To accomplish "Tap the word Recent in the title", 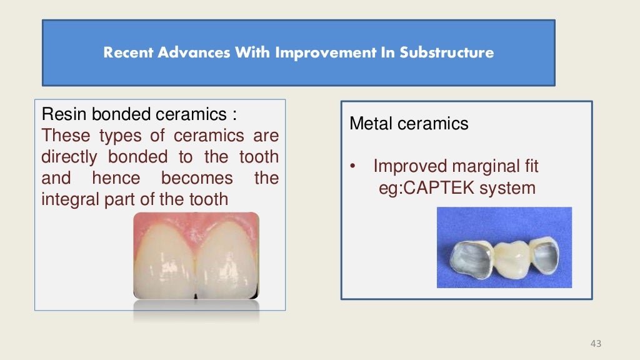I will pos(127,52).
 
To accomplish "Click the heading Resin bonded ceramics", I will pos(139,114).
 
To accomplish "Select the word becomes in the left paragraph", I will pos(197,178).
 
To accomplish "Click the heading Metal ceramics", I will pos(409,124).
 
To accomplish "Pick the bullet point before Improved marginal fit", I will pos(353,167).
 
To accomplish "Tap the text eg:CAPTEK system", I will pos(457,187).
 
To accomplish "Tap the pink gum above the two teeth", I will pos(196,221).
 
